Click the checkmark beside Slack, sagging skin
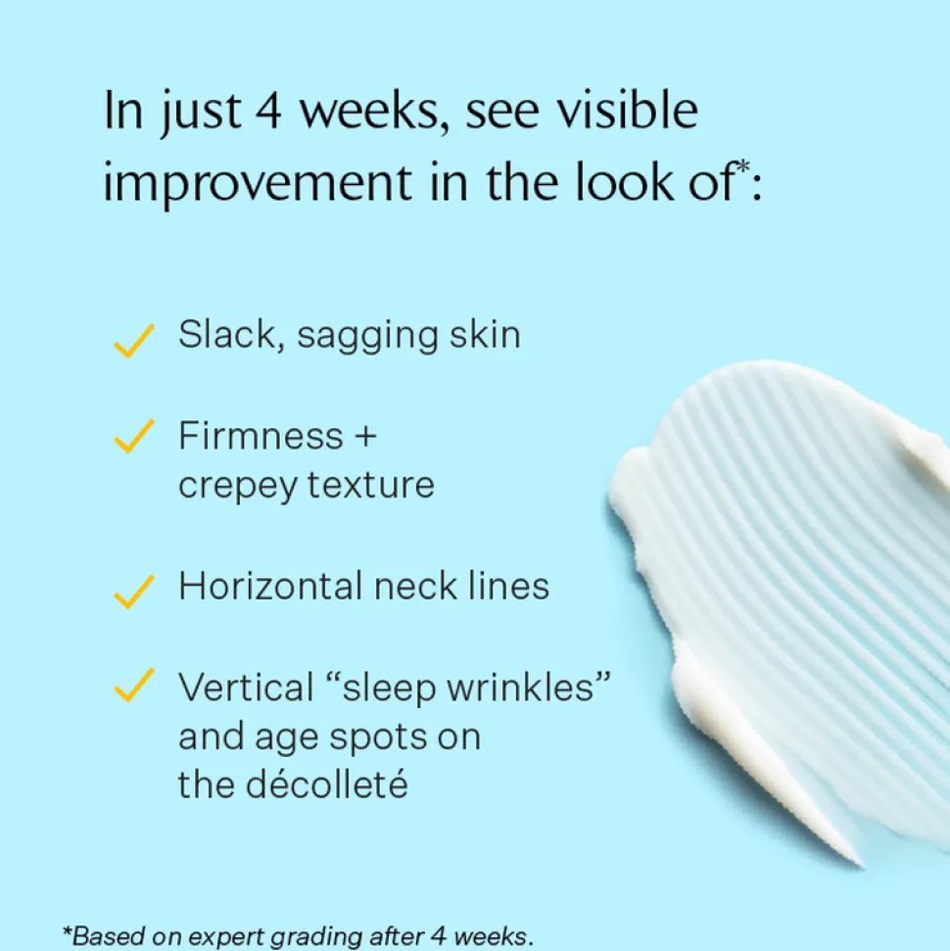133,341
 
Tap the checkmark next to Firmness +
133,436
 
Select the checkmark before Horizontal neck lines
133,592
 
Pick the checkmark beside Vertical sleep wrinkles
133,686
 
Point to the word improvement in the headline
258,183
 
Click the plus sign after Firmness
366,437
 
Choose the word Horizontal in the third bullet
270,586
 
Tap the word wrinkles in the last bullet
529,688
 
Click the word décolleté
327,785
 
